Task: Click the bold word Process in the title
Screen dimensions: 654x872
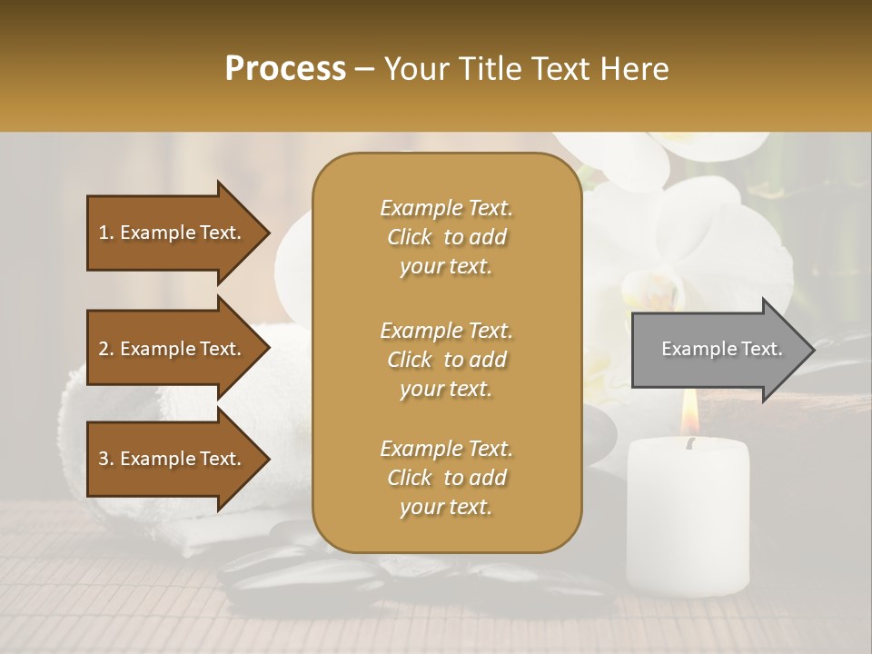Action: tap(285, 69)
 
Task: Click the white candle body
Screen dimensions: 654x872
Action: tap(688, 518)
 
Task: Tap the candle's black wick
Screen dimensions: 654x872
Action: tap(690, 443)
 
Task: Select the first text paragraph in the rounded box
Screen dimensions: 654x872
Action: tap(446, 237)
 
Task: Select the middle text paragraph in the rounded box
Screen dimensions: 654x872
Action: tap(446, 360)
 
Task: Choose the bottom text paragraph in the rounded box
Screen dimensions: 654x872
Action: tap(446, 478)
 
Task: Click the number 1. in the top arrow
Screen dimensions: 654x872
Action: tap(106, 233)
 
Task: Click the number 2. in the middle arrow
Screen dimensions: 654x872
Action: tap(106, 349)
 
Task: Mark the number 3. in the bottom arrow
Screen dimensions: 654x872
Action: tap(106, 459)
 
